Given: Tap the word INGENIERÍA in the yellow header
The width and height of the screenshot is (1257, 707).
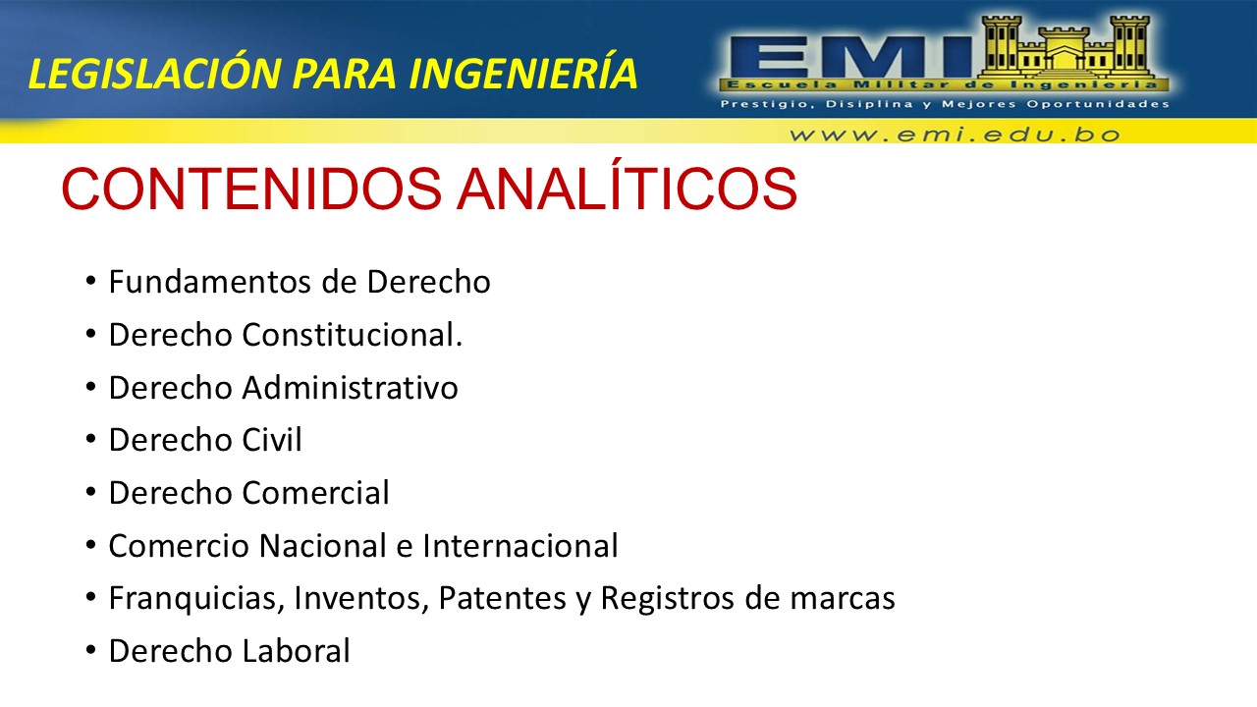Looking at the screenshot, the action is click(x=523, y=72).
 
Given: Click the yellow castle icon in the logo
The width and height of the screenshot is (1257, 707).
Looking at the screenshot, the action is click(x=1066, y=47).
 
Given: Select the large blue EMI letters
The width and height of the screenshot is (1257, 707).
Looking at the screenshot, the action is click(x=847, y=56).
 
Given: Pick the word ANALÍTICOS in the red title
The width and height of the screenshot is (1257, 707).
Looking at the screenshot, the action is click(x=627, y=187).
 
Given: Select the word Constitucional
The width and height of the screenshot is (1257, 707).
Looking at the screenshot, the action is click(x=353, y=335).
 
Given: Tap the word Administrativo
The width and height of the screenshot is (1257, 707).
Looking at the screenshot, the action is click(x=351, y=387).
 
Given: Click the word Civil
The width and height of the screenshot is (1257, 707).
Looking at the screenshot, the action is click(x=272, y=439).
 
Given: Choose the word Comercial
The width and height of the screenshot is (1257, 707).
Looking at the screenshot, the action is click(x=315, y=493).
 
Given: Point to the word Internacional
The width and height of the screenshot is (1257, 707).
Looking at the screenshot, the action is click(x=520, y=545).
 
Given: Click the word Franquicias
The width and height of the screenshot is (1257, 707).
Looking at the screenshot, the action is click(x=196, y=598).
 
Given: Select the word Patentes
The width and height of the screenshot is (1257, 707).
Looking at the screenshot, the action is click(x=502, y=598).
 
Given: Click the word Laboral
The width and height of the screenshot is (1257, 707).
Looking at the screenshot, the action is click(x=296, y=651).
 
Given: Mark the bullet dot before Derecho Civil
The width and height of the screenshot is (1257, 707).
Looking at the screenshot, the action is click(x=91, y=440).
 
